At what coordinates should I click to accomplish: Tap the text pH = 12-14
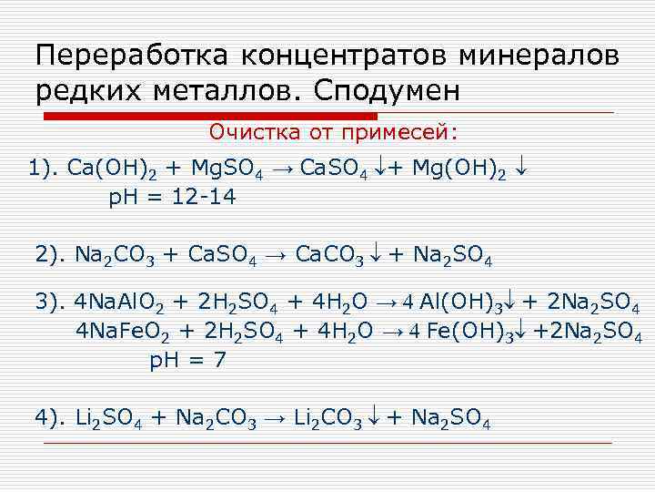coord(172,198)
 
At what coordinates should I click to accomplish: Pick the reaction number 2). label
coord(50,252)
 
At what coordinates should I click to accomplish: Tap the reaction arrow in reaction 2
coord(275,253)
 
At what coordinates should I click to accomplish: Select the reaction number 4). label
coord(50,417)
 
